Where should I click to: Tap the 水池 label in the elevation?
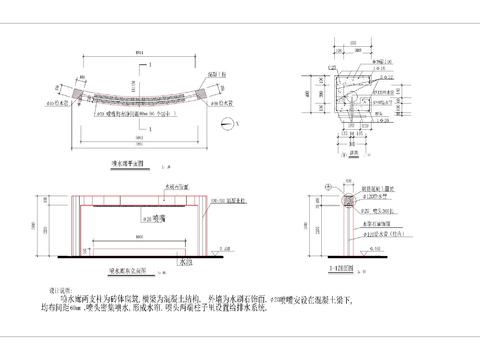pos(185,262)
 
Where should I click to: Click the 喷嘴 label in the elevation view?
pos(156,215)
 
